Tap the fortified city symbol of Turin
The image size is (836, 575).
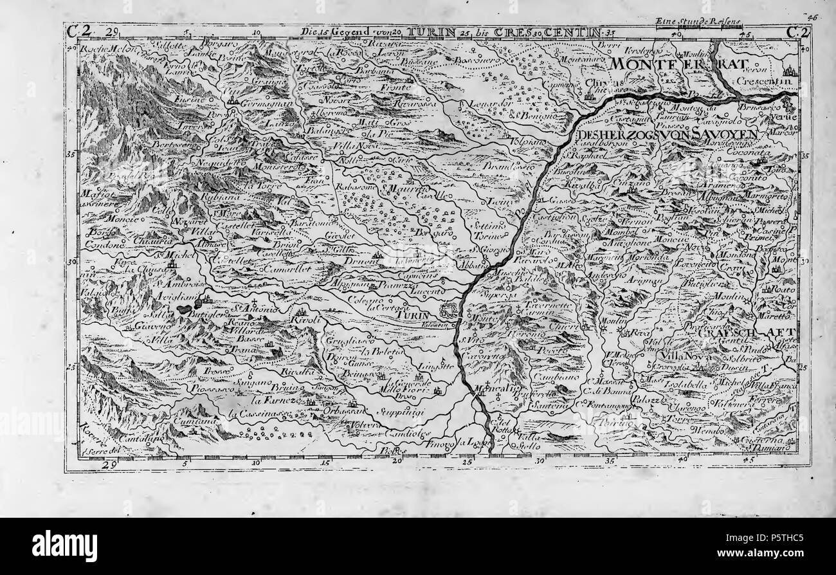(x=448, y=311)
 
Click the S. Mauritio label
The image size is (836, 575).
(x=404, y=189)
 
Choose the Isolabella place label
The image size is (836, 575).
(x=684, y=385)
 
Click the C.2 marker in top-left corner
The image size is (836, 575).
(x=80, y=31)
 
